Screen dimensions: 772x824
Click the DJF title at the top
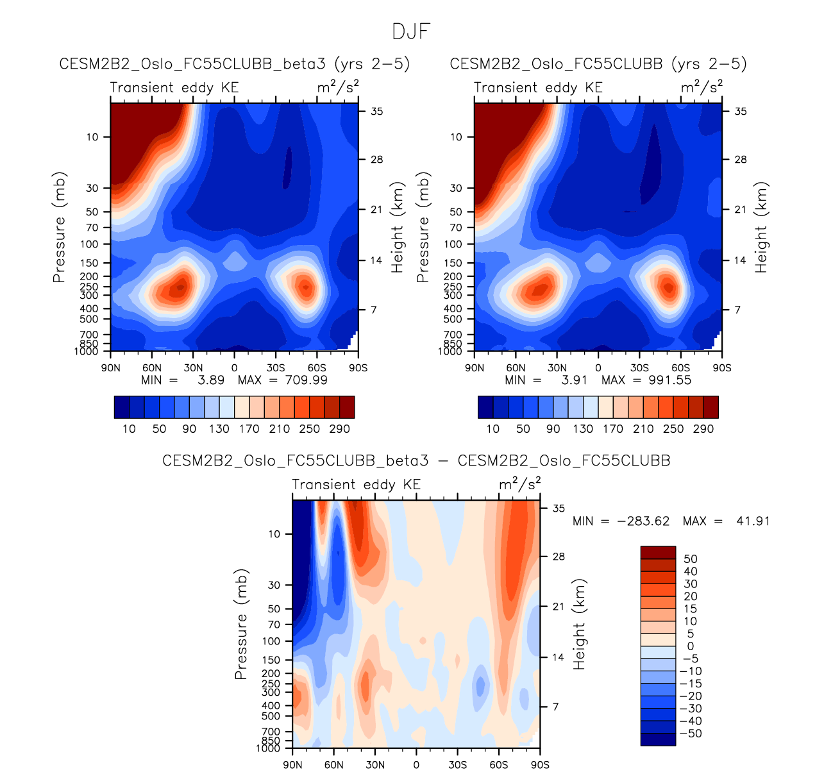[x=411, y=31]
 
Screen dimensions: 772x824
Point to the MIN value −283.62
[x=643, y=521]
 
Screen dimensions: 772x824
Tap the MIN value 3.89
[x=211, y=380]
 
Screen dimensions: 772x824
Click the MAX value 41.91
[x=752, y=521]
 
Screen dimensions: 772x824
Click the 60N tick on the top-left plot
[x=152, y=368]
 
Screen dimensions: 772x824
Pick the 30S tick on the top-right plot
[x=639, y=368]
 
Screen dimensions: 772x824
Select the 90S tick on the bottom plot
[x=540, y=765]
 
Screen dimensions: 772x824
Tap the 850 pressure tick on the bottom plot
[x=271, y=741]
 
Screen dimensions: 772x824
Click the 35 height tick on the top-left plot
[x=376, y=112]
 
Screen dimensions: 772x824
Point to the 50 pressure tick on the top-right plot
[x=456, y=212]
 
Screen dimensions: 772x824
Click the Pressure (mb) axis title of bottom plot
[x=241, y=625]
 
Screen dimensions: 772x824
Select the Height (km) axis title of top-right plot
[x=761, y=228]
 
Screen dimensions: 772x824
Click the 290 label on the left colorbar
[x=339, y=429]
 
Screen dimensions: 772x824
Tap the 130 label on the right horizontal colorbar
[x=583, y=429]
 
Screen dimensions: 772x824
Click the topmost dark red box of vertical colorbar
[x=658, y=553]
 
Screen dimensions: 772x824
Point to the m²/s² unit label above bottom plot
[x=520, y=484]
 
